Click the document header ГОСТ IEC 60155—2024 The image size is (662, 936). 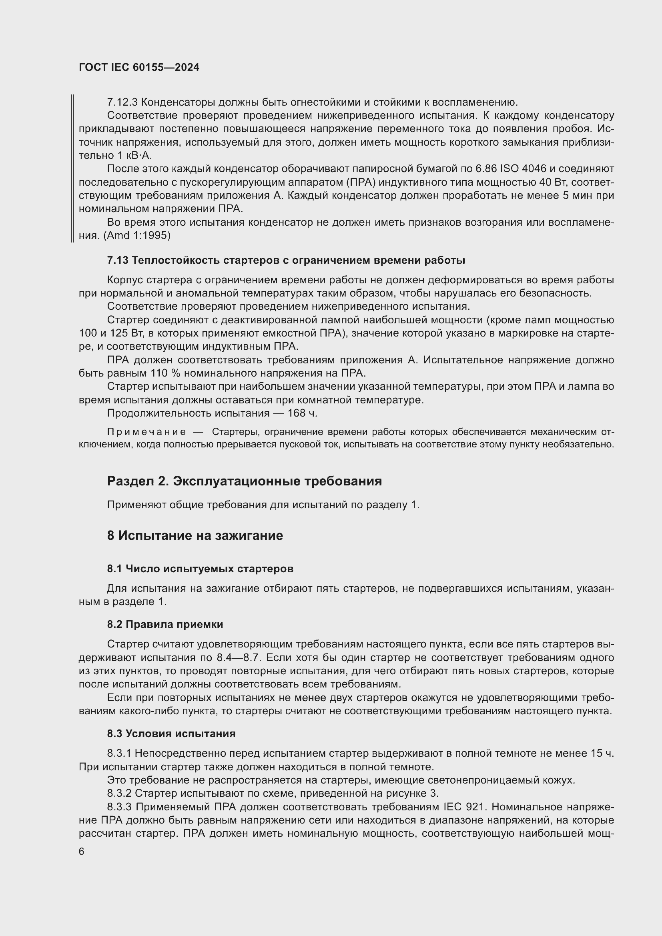(139, 68)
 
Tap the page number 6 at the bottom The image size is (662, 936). (82, 852)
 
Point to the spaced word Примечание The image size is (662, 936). (146, 432)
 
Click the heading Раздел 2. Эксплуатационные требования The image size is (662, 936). (244, 481)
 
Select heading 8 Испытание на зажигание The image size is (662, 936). (195, 535)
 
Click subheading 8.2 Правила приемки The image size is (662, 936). (165, 624)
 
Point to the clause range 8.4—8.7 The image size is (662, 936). (238, 657)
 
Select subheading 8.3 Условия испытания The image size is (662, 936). (171, 734)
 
